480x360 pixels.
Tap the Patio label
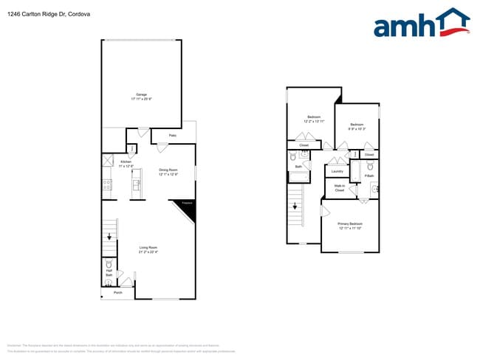[x=172, y=136]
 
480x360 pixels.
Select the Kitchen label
[x=126, y=162]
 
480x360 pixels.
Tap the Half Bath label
[x=109, y=273]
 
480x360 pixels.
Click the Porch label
[x=117, y=293]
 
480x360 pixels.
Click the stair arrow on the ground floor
[x=110, y=236]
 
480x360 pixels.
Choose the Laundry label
[x=337, y=171]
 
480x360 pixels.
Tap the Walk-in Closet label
[x=339, y=188]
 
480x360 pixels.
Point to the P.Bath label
[x=368, y=176]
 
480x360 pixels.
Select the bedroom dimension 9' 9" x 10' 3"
[x=357, y=128]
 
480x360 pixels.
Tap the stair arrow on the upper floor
[x=295, y=207]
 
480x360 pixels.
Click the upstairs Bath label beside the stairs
[x=298, y=167]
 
